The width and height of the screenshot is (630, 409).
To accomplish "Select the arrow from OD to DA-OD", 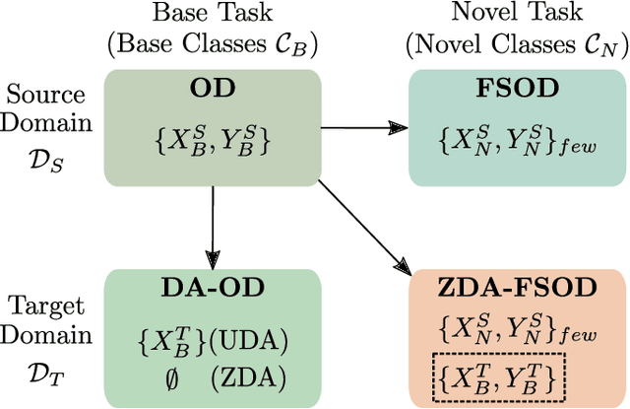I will (x=214, y=223).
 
